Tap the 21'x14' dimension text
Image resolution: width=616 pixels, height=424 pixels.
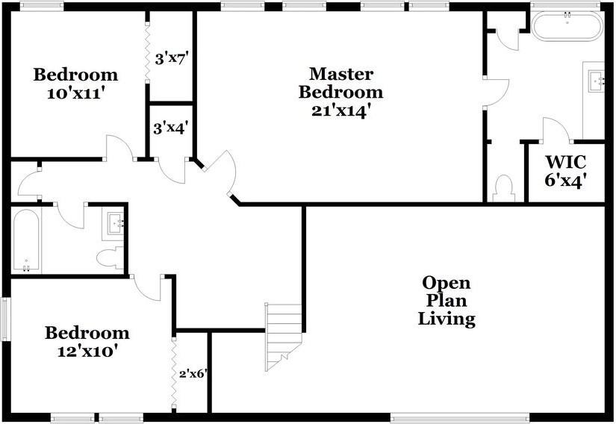coord(340,110)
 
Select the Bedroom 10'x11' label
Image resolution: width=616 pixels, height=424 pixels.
coord(75,84)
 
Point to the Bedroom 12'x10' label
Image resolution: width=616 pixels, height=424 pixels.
coord(87,341)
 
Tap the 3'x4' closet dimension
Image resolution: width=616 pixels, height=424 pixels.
coord(171,128)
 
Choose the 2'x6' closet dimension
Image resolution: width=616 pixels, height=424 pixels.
coord(192,373)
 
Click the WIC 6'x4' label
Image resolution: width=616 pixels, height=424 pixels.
coord(565,170)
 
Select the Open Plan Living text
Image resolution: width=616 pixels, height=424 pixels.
coord(447,301)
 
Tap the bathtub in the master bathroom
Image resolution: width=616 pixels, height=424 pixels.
coord(567,27)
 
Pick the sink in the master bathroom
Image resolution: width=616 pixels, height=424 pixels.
coord(595,78)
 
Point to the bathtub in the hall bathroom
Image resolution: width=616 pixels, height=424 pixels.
coord(27,240)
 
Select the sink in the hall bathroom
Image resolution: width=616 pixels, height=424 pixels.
coord(113,222)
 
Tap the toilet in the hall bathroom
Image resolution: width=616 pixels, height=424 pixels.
coord(109,257)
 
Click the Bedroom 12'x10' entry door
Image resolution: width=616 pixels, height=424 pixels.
coord(146,287)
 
